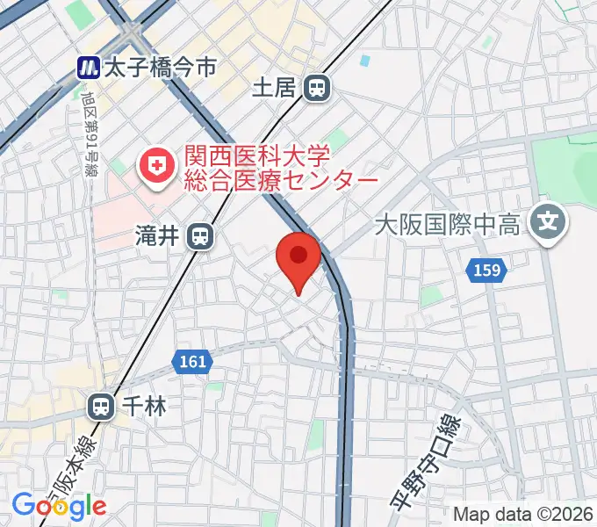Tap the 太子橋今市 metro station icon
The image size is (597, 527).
pos(87,66)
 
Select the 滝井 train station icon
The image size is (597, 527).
pos(202,235)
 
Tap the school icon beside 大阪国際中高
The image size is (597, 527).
pos(550,220)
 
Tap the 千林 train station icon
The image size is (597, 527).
pos(102,406)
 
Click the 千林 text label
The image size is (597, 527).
pos(144,406)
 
